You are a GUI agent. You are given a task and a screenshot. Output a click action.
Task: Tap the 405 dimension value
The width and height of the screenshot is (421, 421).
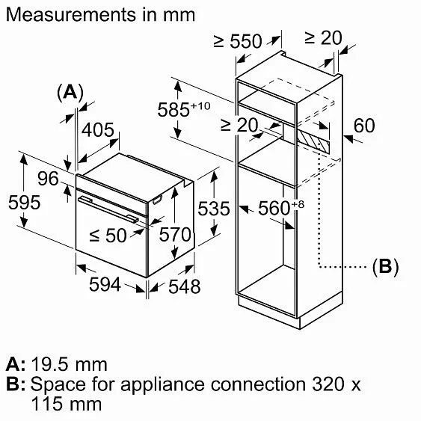(98, 131)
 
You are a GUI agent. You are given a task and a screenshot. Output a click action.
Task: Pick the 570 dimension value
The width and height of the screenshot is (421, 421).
(176, 234)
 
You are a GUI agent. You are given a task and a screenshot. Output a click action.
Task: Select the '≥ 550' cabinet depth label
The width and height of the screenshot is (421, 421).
(237, 41)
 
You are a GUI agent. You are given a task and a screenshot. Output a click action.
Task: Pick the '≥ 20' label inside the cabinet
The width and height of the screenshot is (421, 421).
(239, 126)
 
